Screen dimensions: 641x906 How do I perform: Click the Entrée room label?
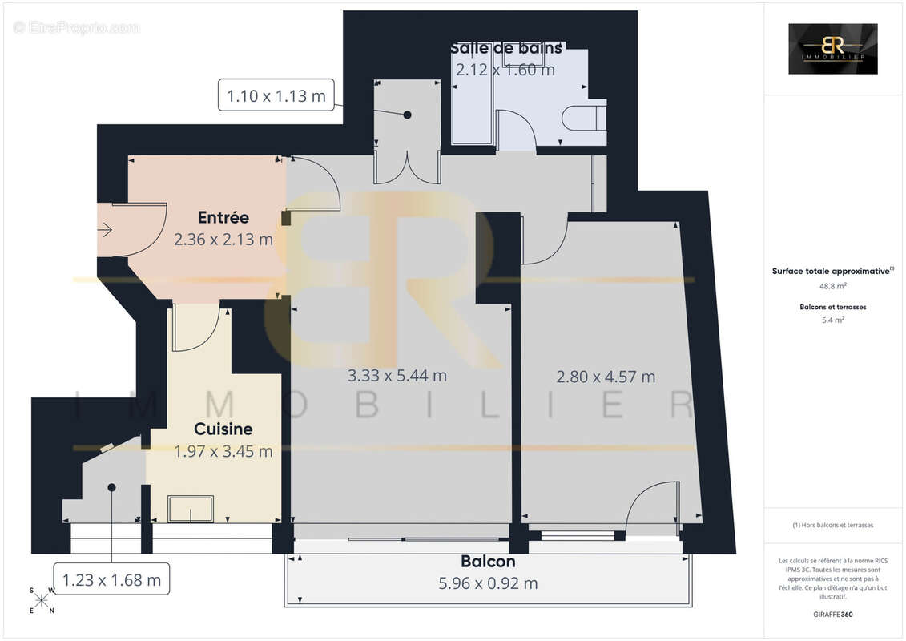click(x=223, y=217)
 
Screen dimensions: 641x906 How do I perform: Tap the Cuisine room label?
click(x=223, y=429)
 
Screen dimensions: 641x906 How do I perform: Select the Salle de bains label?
click(x=505, y=48)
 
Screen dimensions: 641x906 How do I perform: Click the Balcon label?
click(x=488, y=562)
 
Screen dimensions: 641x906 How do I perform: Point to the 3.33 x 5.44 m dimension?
click(x=397, y=375)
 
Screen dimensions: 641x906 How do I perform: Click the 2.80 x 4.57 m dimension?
click(x=606, y=376)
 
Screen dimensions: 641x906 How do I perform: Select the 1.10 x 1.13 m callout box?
click(x=276, y=96)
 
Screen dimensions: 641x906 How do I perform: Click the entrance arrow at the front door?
click(x=105, y=231)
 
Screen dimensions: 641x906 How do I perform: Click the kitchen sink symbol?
click(x=190, y=509)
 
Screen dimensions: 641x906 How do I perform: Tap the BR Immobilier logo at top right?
click(x=832, y=49)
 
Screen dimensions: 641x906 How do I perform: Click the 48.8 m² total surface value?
click(x=832, y=285)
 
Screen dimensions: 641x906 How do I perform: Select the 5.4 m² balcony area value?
click(x=832, y=320)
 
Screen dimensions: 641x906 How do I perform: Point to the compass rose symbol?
click(x=42, y=601)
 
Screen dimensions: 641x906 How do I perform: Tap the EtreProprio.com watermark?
click(x=77, y=28)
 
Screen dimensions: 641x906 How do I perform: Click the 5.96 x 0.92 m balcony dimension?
click(x=488, y=583)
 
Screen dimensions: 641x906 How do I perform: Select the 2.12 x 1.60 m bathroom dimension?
click(x=505, y=70)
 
